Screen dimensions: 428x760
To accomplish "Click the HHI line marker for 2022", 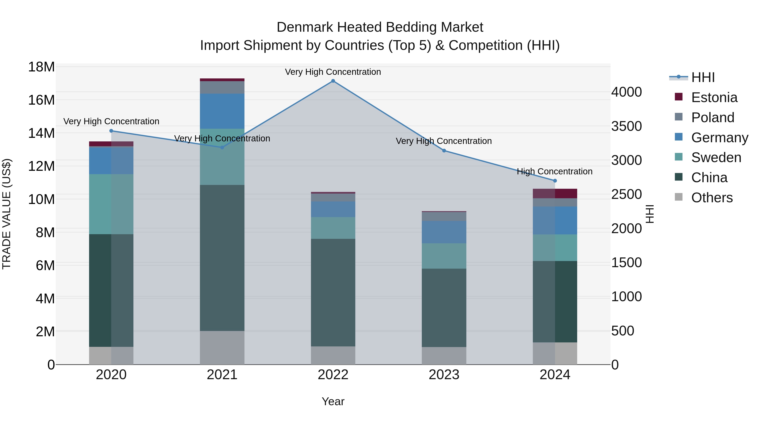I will [x=333, y=81].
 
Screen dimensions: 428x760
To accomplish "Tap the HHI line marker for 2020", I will [x=111, y=131].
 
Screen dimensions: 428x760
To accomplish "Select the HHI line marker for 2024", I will [x=555, y=181].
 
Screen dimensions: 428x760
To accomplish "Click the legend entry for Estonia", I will [x=714, y=97].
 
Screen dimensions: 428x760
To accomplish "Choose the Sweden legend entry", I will [x=716, y=157].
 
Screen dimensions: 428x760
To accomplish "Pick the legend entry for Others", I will [x=712, y=198].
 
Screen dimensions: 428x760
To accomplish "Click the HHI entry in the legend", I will [x=703, y=77].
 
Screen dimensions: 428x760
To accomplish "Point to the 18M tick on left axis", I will [x=41, y=67].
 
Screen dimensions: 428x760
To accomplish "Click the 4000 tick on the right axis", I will [x=626, y=92].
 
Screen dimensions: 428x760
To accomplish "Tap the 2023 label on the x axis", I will [x=444, y=375].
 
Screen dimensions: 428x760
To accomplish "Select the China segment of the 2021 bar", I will [x=222, y=258].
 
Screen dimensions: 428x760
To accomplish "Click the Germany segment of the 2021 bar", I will [x=222, y=111].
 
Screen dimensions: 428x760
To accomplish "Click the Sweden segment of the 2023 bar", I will [x=444, y=256].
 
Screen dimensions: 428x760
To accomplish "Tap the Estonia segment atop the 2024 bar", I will [x=555, y=193].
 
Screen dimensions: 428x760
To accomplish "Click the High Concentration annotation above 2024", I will [x=554, y=171].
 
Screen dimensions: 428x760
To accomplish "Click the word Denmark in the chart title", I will [x=305, y=27].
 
